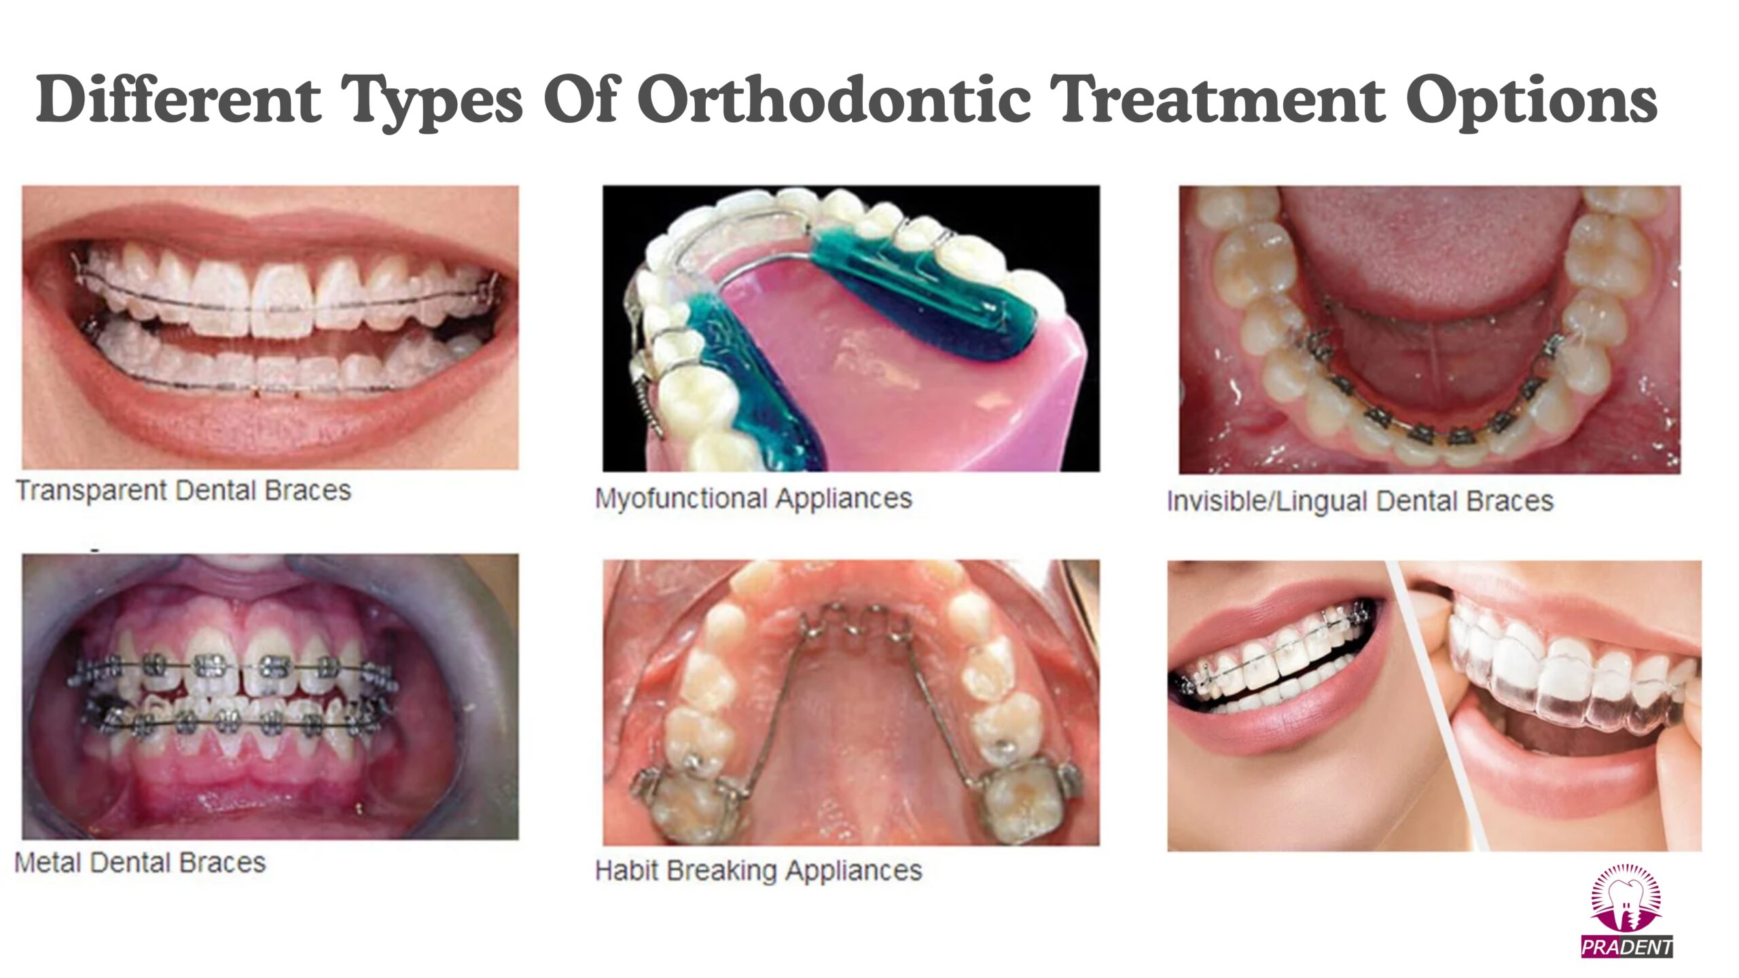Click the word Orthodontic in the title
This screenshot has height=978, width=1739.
pos(833,100)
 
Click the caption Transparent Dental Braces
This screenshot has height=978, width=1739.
pos(183,490)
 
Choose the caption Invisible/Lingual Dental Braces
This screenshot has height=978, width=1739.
pos(1360,501)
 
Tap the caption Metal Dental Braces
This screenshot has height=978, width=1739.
pos(140,863)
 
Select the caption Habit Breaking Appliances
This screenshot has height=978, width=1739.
pos(759,871)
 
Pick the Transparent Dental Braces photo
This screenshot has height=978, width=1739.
pos(270,327)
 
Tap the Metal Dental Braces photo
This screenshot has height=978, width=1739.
pos(270,697)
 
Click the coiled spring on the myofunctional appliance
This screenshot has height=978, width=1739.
pos(649,410)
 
